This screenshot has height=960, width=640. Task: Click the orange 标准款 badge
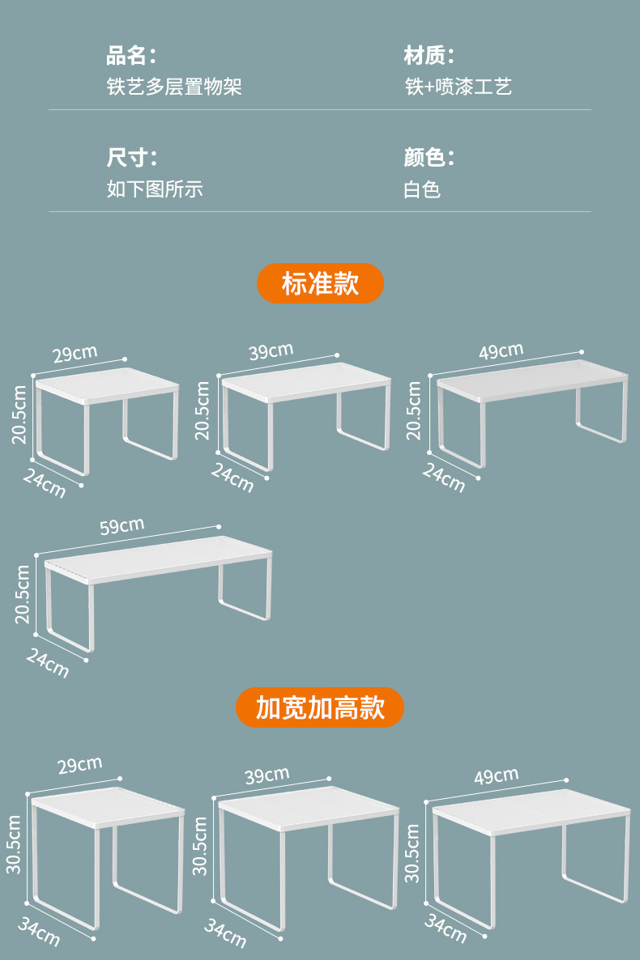(320, 283)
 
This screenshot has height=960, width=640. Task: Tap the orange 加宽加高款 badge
(320, 707)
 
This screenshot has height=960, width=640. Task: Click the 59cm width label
(122, 526)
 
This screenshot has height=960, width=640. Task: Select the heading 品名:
(131, 56)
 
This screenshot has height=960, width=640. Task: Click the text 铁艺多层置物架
(174, 87)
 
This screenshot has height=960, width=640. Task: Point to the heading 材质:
(429, 56)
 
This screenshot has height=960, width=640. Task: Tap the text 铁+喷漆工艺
(459, 87)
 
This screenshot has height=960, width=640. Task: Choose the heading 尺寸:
(131, 158)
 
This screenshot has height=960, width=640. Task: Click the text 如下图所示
(155, 189)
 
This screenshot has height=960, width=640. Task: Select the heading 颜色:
(429, 158)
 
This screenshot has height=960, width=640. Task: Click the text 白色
(422, 189)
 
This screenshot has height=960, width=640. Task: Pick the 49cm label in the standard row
(501, 352)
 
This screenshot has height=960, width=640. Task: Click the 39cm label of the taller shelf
(267, 775)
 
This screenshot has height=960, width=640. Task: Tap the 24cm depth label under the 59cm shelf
(47, 663)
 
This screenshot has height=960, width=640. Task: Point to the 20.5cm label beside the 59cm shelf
(22, 594)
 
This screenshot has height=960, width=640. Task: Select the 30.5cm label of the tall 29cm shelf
(14, 844)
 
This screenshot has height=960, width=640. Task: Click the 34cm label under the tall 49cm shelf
(445, 928)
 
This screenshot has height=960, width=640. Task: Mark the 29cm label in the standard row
(75, 354)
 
